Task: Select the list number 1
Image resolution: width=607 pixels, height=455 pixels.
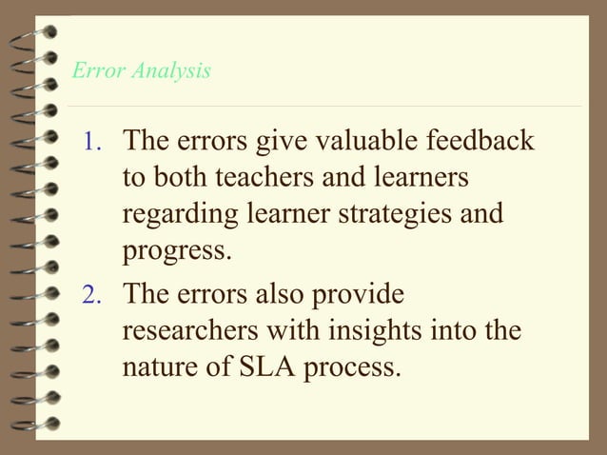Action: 91,144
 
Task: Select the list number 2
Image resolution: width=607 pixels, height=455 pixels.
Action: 91,295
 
